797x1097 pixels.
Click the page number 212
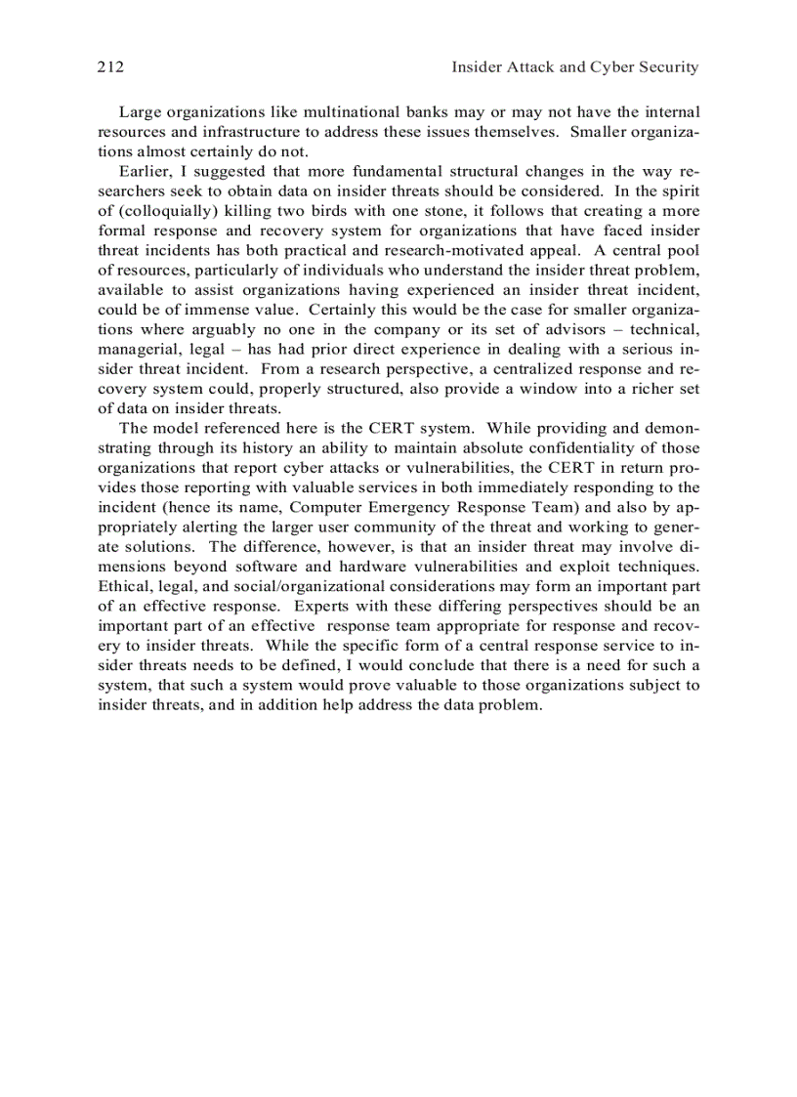pos(109,67)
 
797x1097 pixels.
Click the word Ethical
pos(124,586)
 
